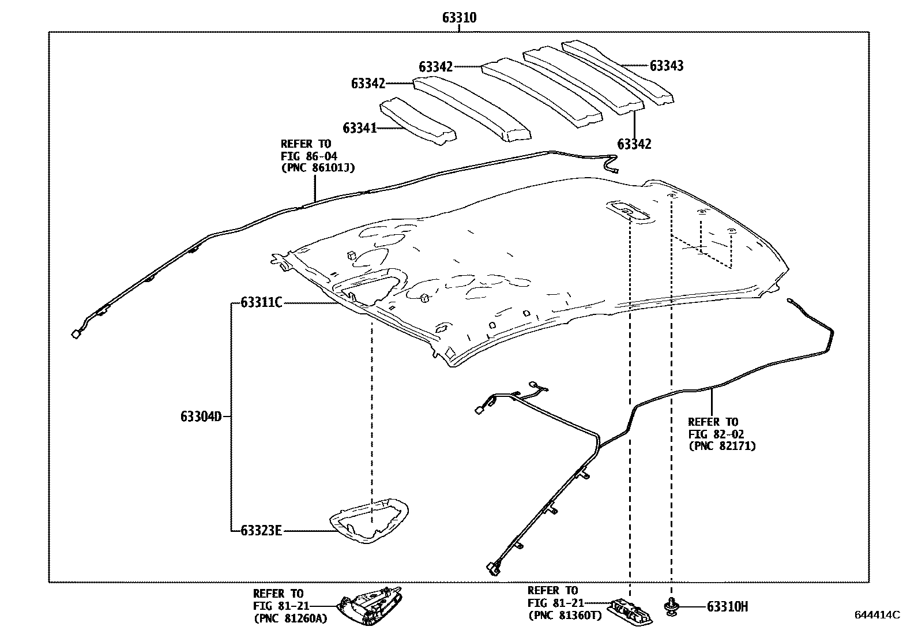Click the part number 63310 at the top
(x=459, y=18)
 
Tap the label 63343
(x=667, y=66)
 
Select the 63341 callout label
(x=359, y=127)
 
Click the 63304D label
(x=201, y=416)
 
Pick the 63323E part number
(x=261, y=530)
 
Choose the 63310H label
(x=727, y=606)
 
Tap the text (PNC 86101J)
(x=318, y=168)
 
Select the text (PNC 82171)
(x=722, y=446)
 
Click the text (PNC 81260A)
(x=290, y=618)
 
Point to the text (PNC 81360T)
(x=565, y=616)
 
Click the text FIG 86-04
(x=309, y=156)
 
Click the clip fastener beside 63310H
(x=671, y=606)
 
